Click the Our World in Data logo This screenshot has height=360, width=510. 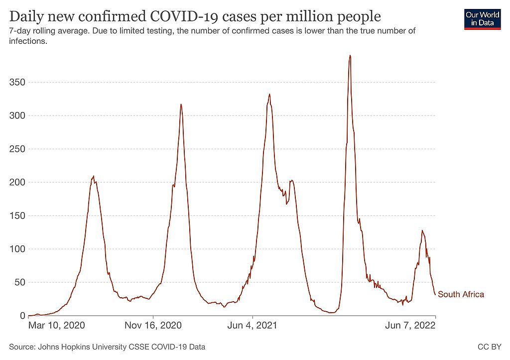coord(482,18)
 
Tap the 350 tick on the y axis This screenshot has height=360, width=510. coord(17,82)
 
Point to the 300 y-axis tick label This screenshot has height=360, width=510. coord(17,116)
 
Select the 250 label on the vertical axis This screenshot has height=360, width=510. coord(17,149)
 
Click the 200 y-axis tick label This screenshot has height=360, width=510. coord(17,182)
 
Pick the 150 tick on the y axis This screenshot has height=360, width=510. coord(17,216)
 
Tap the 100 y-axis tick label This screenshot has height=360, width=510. coord(17,249)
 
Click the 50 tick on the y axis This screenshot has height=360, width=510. coord(19,282)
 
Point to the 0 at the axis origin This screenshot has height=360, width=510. coord(22,316)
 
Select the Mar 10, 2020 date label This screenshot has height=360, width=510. coord(57,326)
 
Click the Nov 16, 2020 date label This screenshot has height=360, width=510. coord(153,326)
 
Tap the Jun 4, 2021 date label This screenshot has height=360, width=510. coord(253,326)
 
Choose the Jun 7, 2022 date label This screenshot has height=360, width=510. coord(411,326)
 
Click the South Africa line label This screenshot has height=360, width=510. coord(461,294)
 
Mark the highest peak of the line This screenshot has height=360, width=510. coord(350,56)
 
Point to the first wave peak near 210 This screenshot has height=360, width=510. coord(93,176)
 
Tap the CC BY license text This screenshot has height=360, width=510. coord(492,347)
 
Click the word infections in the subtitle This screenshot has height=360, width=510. coord(28,41)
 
